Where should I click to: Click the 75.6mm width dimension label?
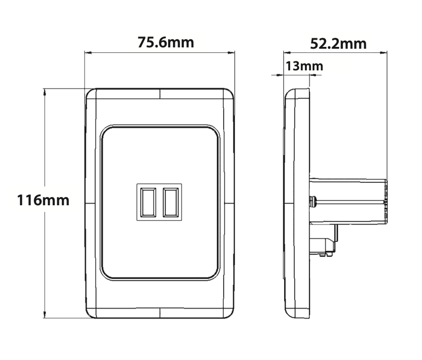tap(166, 42)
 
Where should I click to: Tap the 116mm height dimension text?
tap(43, 199)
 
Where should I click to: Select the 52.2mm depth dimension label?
tap(338, 43)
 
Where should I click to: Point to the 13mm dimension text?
tap(304, 66)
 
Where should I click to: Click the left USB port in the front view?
tap(148, 202)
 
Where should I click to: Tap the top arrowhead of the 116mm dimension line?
tap(44, 91)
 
